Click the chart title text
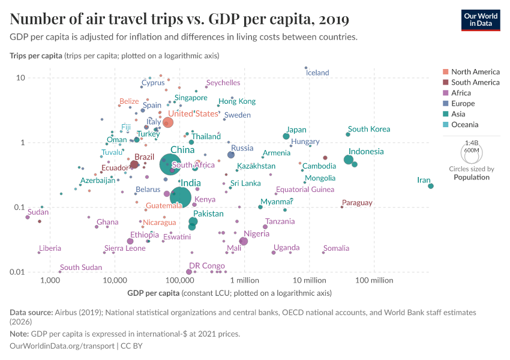pyautogui.click(x=179, y=19)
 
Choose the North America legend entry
pyautogui.click(x=475, y=72)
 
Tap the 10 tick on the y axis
pyautogui.click(x=20, y=78)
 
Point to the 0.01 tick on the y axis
pyautogui.click(x=17, y=272)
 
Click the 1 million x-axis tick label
pyautogui.click(x=244, y=280)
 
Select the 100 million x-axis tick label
pyautogui.click(x=374, y=280)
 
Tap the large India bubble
pyautogui.click(x=181, y=196)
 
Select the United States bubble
pyautogui.click(x=168, y=122)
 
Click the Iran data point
pyautogui.click(x=431, y=186)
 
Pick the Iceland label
pyautogui.click(x=317, y=73)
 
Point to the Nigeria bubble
pyautogui.click(x=244, y=241)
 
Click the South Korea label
pyautogui.click(x=369, y=129)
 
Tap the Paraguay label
pyautogui.click(x=357, y=203)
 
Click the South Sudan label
pyautogui.click(x=81, y=268)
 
